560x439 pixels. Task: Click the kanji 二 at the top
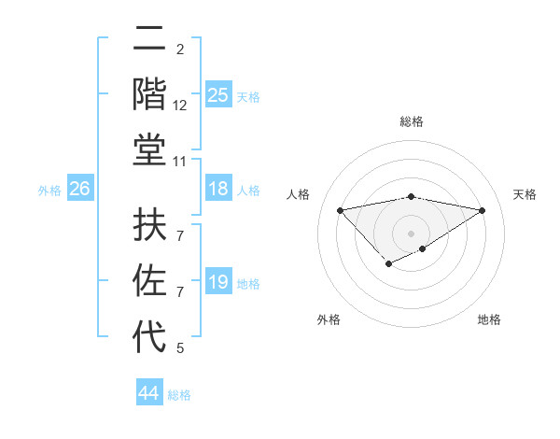[149, 38]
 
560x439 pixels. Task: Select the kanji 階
[149, 94]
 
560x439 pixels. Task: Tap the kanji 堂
[149, 150]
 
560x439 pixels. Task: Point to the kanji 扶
[149, 225]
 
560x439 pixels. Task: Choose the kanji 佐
[149, 281]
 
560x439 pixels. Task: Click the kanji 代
[149, 337]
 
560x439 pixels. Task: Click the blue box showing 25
[217, 94]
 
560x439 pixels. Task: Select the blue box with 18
[217, 189]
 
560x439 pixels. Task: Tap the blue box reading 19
[217, 282]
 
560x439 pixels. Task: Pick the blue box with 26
[79, 189]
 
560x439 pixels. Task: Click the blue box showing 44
[148, 393]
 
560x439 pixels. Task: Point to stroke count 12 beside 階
[180, 106]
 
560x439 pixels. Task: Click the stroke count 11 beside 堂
[180, 163]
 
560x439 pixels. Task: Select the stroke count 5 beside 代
[180, 349]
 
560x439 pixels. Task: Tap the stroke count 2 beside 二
[180, 49]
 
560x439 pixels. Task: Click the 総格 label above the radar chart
[411, 121]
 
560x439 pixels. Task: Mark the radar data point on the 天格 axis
[483, 210]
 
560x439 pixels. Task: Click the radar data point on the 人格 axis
[340, 209]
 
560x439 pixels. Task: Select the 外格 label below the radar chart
[329, 319]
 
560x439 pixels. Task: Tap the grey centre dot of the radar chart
[411, 233]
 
